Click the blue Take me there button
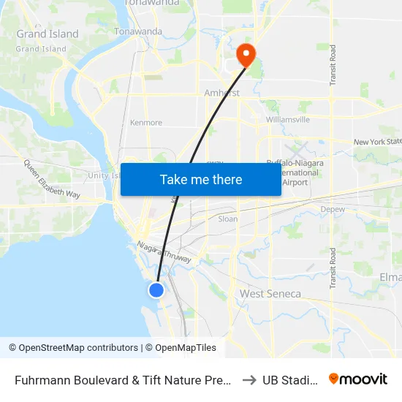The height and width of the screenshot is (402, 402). [x=200, y=179]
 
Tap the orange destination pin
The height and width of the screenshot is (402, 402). [x=246, y=54]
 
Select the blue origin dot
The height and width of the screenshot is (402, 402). [x=156, y=290]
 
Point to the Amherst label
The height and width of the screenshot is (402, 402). [x=221, y=93]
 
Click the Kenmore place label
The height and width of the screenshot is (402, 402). [x=145, y=123]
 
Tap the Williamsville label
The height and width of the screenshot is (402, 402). [x=288, y=119]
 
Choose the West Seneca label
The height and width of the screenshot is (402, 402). [x=270, y=294]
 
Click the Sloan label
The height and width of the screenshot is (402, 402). [x=228, y=219]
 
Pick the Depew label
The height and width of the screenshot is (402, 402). [x=332, y=210]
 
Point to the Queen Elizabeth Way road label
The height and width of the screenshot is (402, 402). [x=51, y=179]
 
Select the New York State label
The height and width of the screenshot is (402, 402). [x=377, y=142]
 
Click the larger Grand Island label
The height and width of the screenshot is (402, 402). [x=48, y=34]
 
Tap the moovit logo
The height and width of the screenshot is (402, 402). [x=357, y=379]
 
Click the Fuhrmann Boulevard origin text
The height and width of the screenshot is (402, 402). [x=124, y=380]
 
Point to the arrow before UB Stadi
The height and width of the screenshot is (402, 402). [x=249, y=380]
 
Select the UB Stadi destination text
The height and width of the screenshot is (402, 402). [x=290, y=380]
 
